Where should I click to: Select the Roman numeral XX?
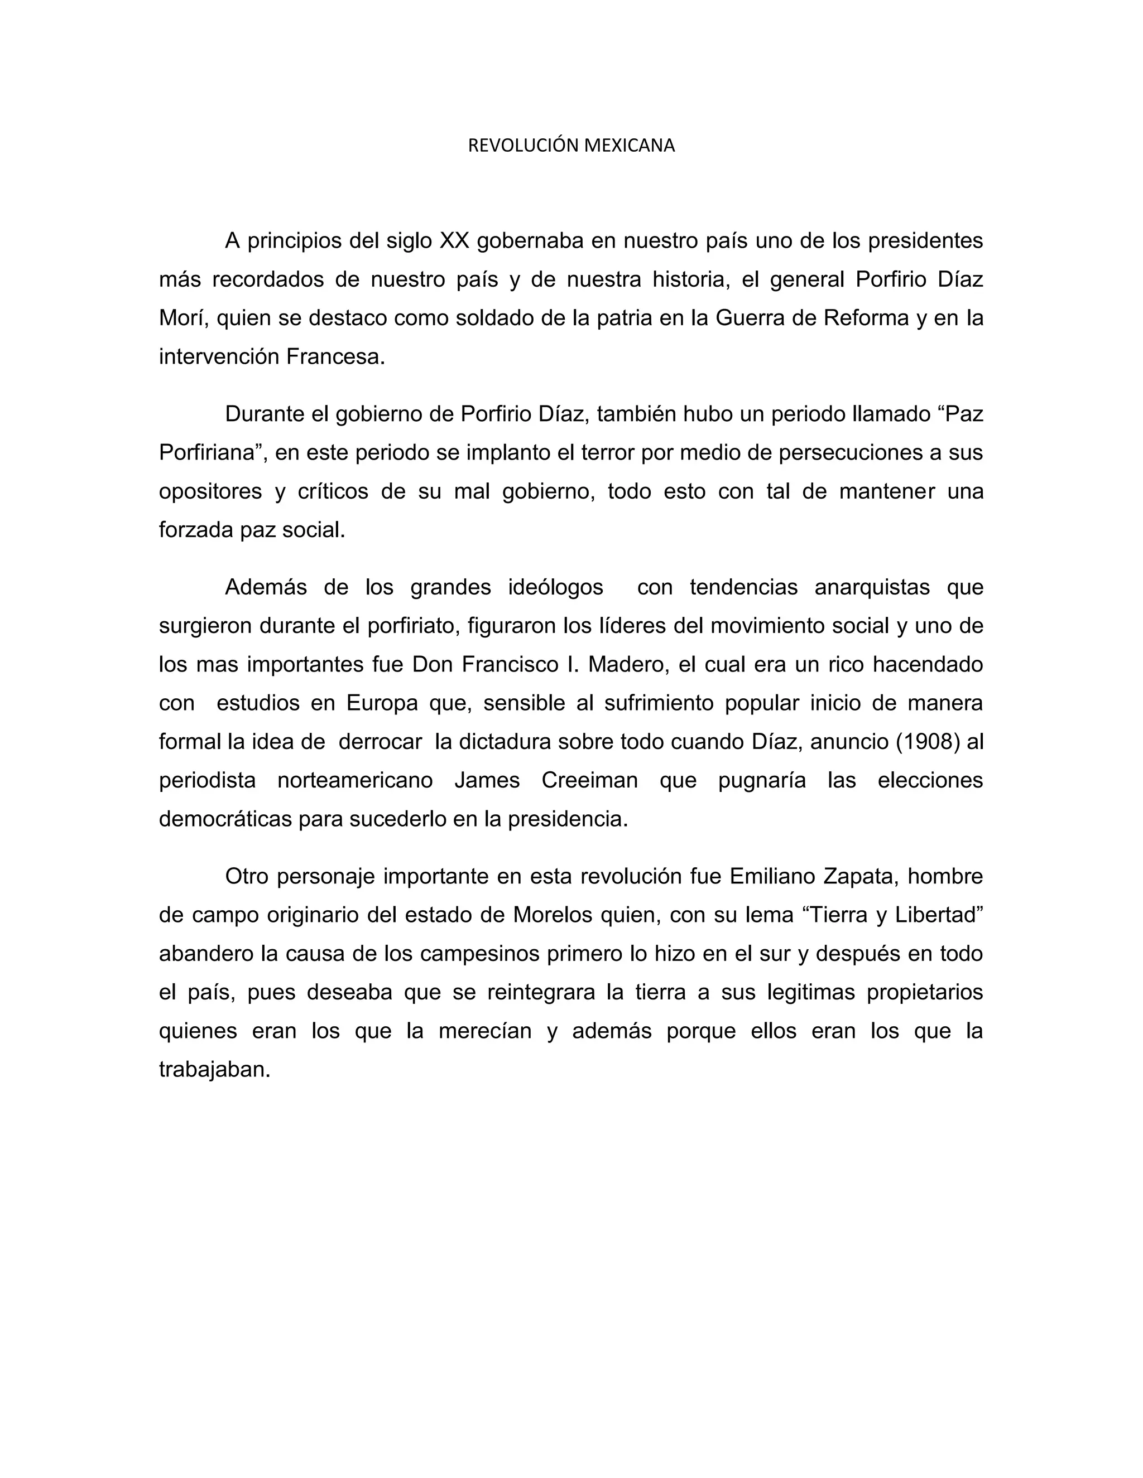tap(454, 240)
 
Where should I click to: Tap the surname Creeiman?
tap(590, 780)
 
